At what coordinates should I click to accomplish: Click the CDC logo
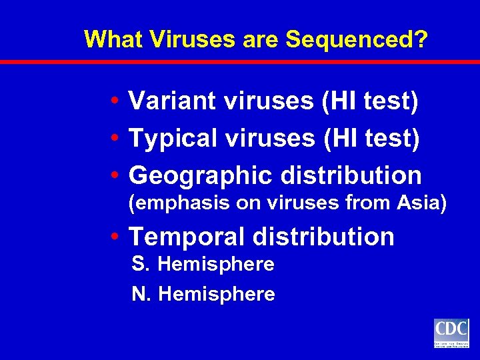tap(451, 333)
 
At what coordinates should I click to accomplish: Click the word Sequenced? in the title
tap(357, 40)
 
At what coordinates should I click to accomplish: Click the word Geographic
tap(201, 175)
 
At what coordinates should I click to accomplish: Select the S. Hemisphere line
tap(203, 265)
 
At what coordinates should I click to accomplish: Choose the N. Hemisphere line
tap(203, 294)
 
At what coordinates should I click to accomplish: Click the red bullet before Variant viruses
tap(116, 102)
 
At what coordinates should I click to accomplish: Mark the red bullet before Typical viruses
tap(116, 139)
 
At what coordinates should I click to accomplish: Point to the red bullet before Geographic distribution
tap(116, 176)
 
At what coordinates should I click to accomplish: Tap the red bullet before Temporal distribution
tap(116, 237)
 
